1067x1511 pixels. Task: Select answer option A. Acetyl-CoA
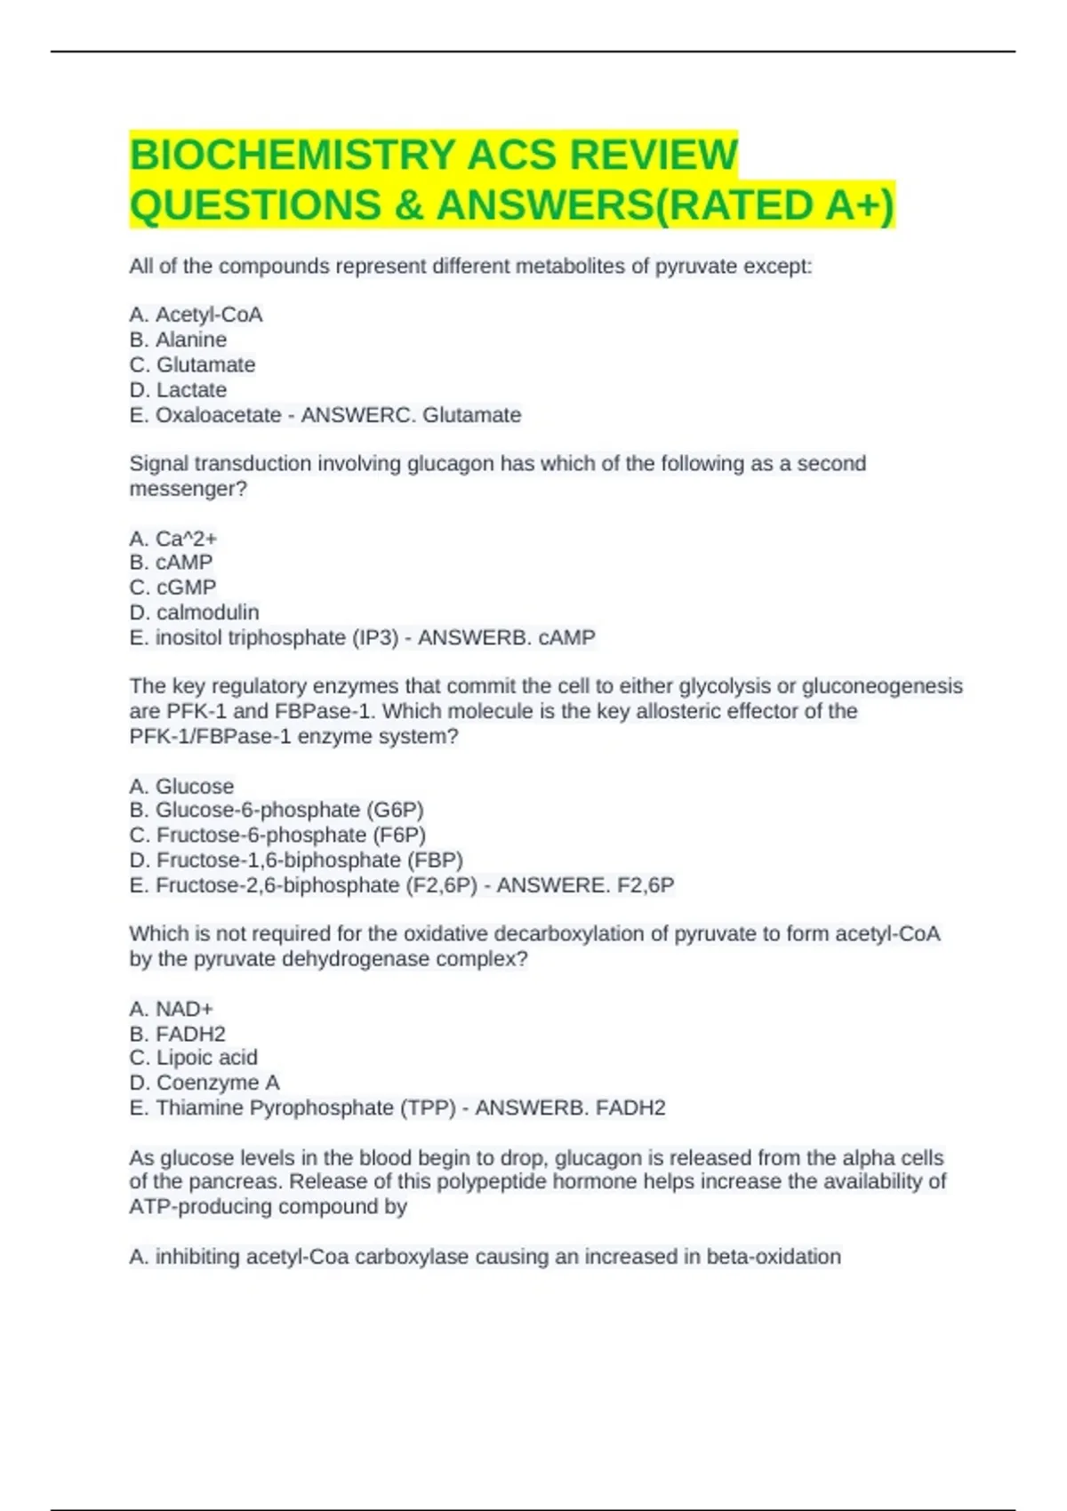click(x=196, y=315)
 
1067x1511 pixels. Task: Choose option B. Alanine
click(x=178, y=340)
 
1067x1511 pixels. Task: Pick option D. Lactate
click(x=178, y=389)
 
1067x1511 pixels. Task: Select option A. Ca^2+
click(x=173, y=539)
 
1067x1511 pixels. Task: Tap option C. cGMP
click(x=172, y=588)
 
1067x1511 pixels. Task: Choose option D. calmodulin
click(x=194, y=612)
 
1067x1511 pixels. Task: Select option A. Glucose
click(x=181, y=786)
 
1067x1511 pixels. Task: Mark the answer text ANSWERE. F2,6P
click(x=585, y=885)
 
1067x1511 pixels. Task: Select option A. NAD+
click(x=172, y=1009)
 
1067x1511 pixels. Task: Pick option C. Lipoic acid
click(x=193, y=1058)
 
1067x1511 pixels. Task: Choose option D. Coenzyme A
click(x=205, y=1083)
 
